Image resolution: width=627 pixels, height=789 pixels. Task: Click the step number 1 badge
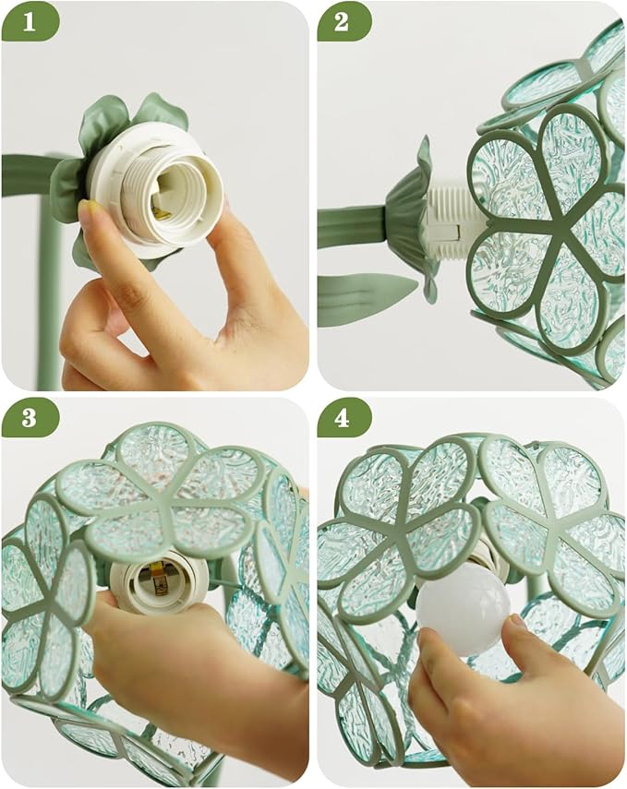(x=30, y=22)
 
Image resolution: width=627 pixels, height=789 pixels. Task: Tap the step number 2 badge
(x=344, y=22)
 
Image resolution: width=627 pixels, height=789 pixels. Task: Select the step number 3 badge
(x=30, y=418)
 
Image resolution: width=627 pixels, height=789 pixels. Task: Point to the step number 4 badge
(x=344, y=418)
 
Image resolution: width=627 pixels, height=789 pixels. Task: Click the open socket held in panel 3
(x=157, y=581)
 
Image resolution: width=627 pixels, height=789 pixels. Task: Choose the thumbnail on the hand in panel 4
(x=517, y=623)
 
